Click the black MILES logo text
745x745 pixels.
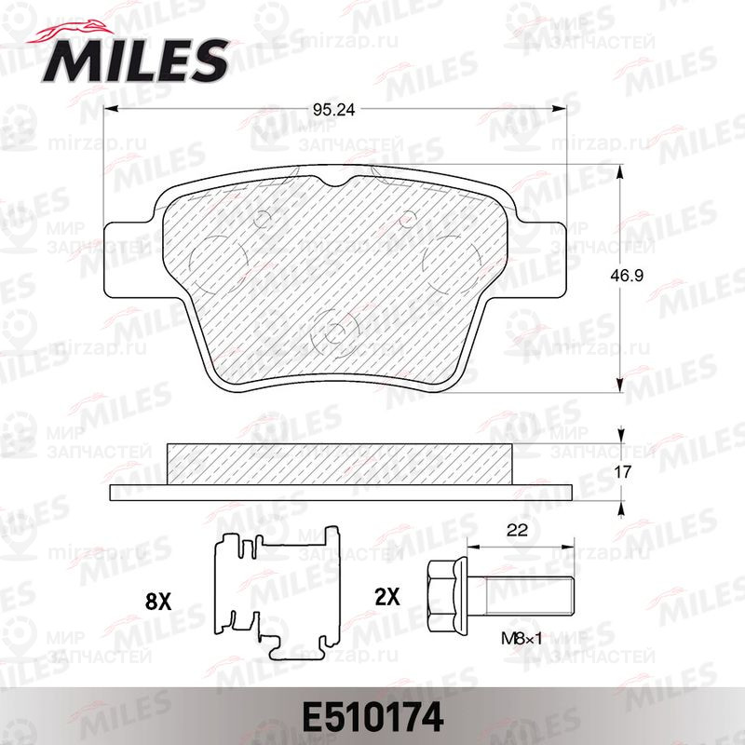tap(135, 61)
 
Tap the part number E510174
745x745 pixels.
tap(372, 717)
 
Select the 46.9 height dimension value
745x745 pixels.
tap(627, 276)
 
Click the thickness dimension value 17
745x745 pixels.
tap(622, 472)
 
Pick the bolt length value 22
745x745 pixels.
tap(518, 530)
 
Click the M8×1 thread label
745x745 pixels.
tap(521, 639)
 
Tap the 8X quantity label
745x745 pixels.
tap(158, 602)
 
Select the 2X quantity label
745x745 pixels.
tap(387, 597)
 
